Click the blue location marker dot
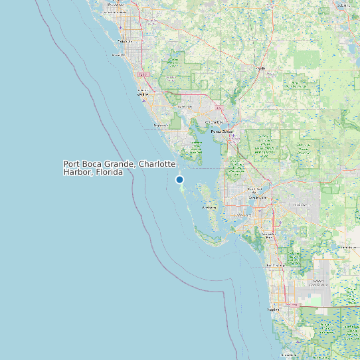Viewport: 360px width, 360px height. [179, 179]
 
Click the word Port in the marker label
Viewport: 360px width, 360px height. [72, 164]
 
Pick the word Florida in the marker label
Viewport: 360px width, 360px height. [109, 172]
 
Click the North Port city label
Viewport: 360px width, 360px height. [185, 106]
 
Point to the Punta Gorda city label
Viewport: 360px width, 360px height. [223, 132]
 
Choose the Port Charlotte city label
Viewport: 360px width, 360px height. [214, 122]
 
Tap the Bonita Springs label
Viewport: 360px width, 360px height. [276, 266]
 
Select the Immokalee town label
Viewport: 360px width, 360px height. [345, 247]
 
